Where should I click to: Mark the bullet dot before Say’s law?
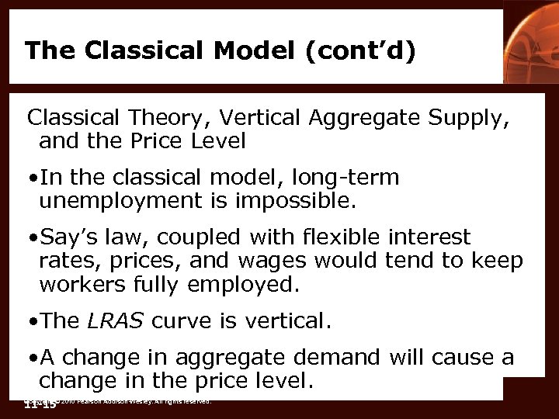[32, 237]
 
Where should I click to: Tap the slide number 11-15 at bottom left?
[40, 404]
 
